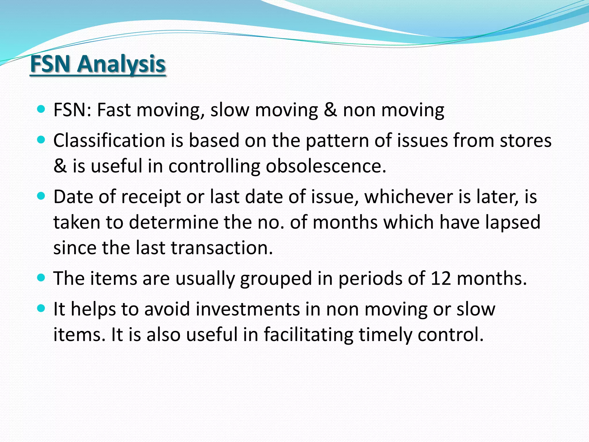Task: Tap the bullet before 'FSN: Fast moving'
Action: point(41,109)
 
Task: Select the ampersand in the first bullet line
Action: point(330,110)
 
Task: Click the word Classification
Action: point(109,140)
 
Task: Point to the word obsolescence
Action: point(326,166)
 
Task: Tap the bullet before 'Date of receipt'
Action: point(41,196)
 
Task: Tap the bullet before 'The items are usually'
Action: point(41,278)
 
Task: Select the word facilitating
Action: point(309,335)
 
